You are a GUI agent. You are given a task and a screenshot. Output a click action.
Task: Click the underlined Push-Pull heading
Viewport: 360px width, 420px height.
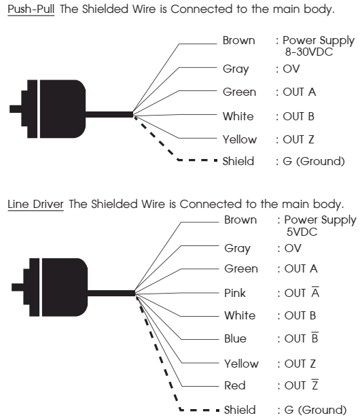coord(31,9)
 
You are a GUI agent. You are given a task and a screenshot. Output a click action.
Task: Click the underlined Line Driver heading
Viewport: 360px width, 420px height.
coord(35,204)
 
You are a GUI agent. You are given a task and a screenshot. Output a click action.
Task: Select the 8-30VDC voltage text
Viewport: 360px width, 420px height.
coord(309,52)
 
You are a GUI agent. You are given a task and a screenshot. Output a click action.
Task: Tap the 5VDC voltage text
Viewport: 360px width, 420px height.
coord(302,232)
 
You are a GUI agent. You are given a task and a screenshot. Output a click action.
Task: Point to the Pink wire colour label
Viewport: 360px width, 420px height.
coord(235,293)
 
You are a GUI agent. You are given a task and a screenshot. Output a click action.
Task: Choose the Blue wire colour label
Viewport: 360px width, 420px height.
coord(235,338)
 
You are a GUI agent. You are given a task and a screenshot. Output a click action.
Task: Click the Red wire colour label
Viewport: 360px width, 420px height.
coord(235,385)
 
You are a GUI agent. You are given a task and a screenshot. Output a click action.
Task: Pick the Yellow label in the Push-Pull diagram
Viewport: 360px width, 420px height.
coord(240,139)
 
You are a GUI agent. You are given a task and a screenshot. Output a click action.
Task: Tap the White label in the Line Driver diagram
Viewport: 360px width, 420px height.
coord(240,315)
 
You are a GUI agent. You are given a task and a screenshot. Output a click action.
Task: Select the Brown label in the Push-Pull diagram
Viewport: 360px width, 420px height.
coord(238,41)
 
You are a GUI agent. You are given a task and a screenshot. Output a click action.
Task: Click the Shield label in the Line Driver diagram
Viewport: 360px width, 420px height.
coord(240,410)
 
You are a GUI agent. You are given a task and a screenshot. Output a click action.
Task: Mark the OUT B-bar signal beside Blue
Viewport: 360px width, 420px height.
coord(301,338)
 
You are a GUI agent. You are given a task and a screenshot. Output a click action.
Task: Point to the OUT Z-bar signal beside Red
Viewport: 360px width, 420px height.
coord(301,385)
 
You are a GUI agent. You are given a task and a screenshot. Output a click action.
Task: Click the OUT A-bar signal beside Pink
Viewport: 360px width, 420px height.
coord(302,292)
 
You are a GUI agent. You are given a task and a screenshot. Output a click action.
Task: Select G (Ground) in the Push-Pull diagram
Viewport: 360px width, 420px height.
coord(314,161)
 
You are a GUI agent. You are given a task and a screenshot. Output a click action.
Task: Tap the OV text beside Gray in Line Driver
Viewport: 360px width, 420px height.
coord(293,248)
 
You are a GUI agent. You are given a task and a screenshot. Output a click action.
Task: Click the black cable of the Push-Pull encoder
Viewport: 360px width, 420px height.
coord(109,115)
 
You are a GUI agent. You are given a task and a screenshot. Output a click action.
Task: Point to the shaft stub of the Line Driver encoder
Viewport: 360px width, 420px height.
coord(18,287)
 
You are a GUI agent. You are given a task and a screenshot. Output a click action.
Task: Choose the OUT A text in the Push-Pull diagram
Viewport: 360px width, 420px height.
coord(300,92)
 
